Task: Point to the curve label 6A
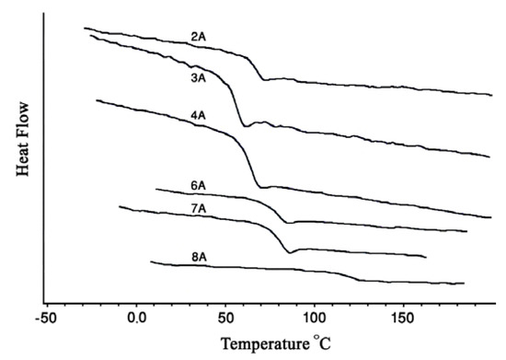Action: tap(198, 187)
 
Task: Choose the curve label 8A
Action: tap(199, 259)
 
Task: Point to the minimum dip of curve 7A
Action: tap(290, 251)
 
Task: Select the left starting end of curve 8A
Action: tap(151, 263)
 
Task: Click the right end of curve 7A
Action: tap(426, 257)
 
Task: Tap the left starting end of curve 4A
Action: tap(96, 101)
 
